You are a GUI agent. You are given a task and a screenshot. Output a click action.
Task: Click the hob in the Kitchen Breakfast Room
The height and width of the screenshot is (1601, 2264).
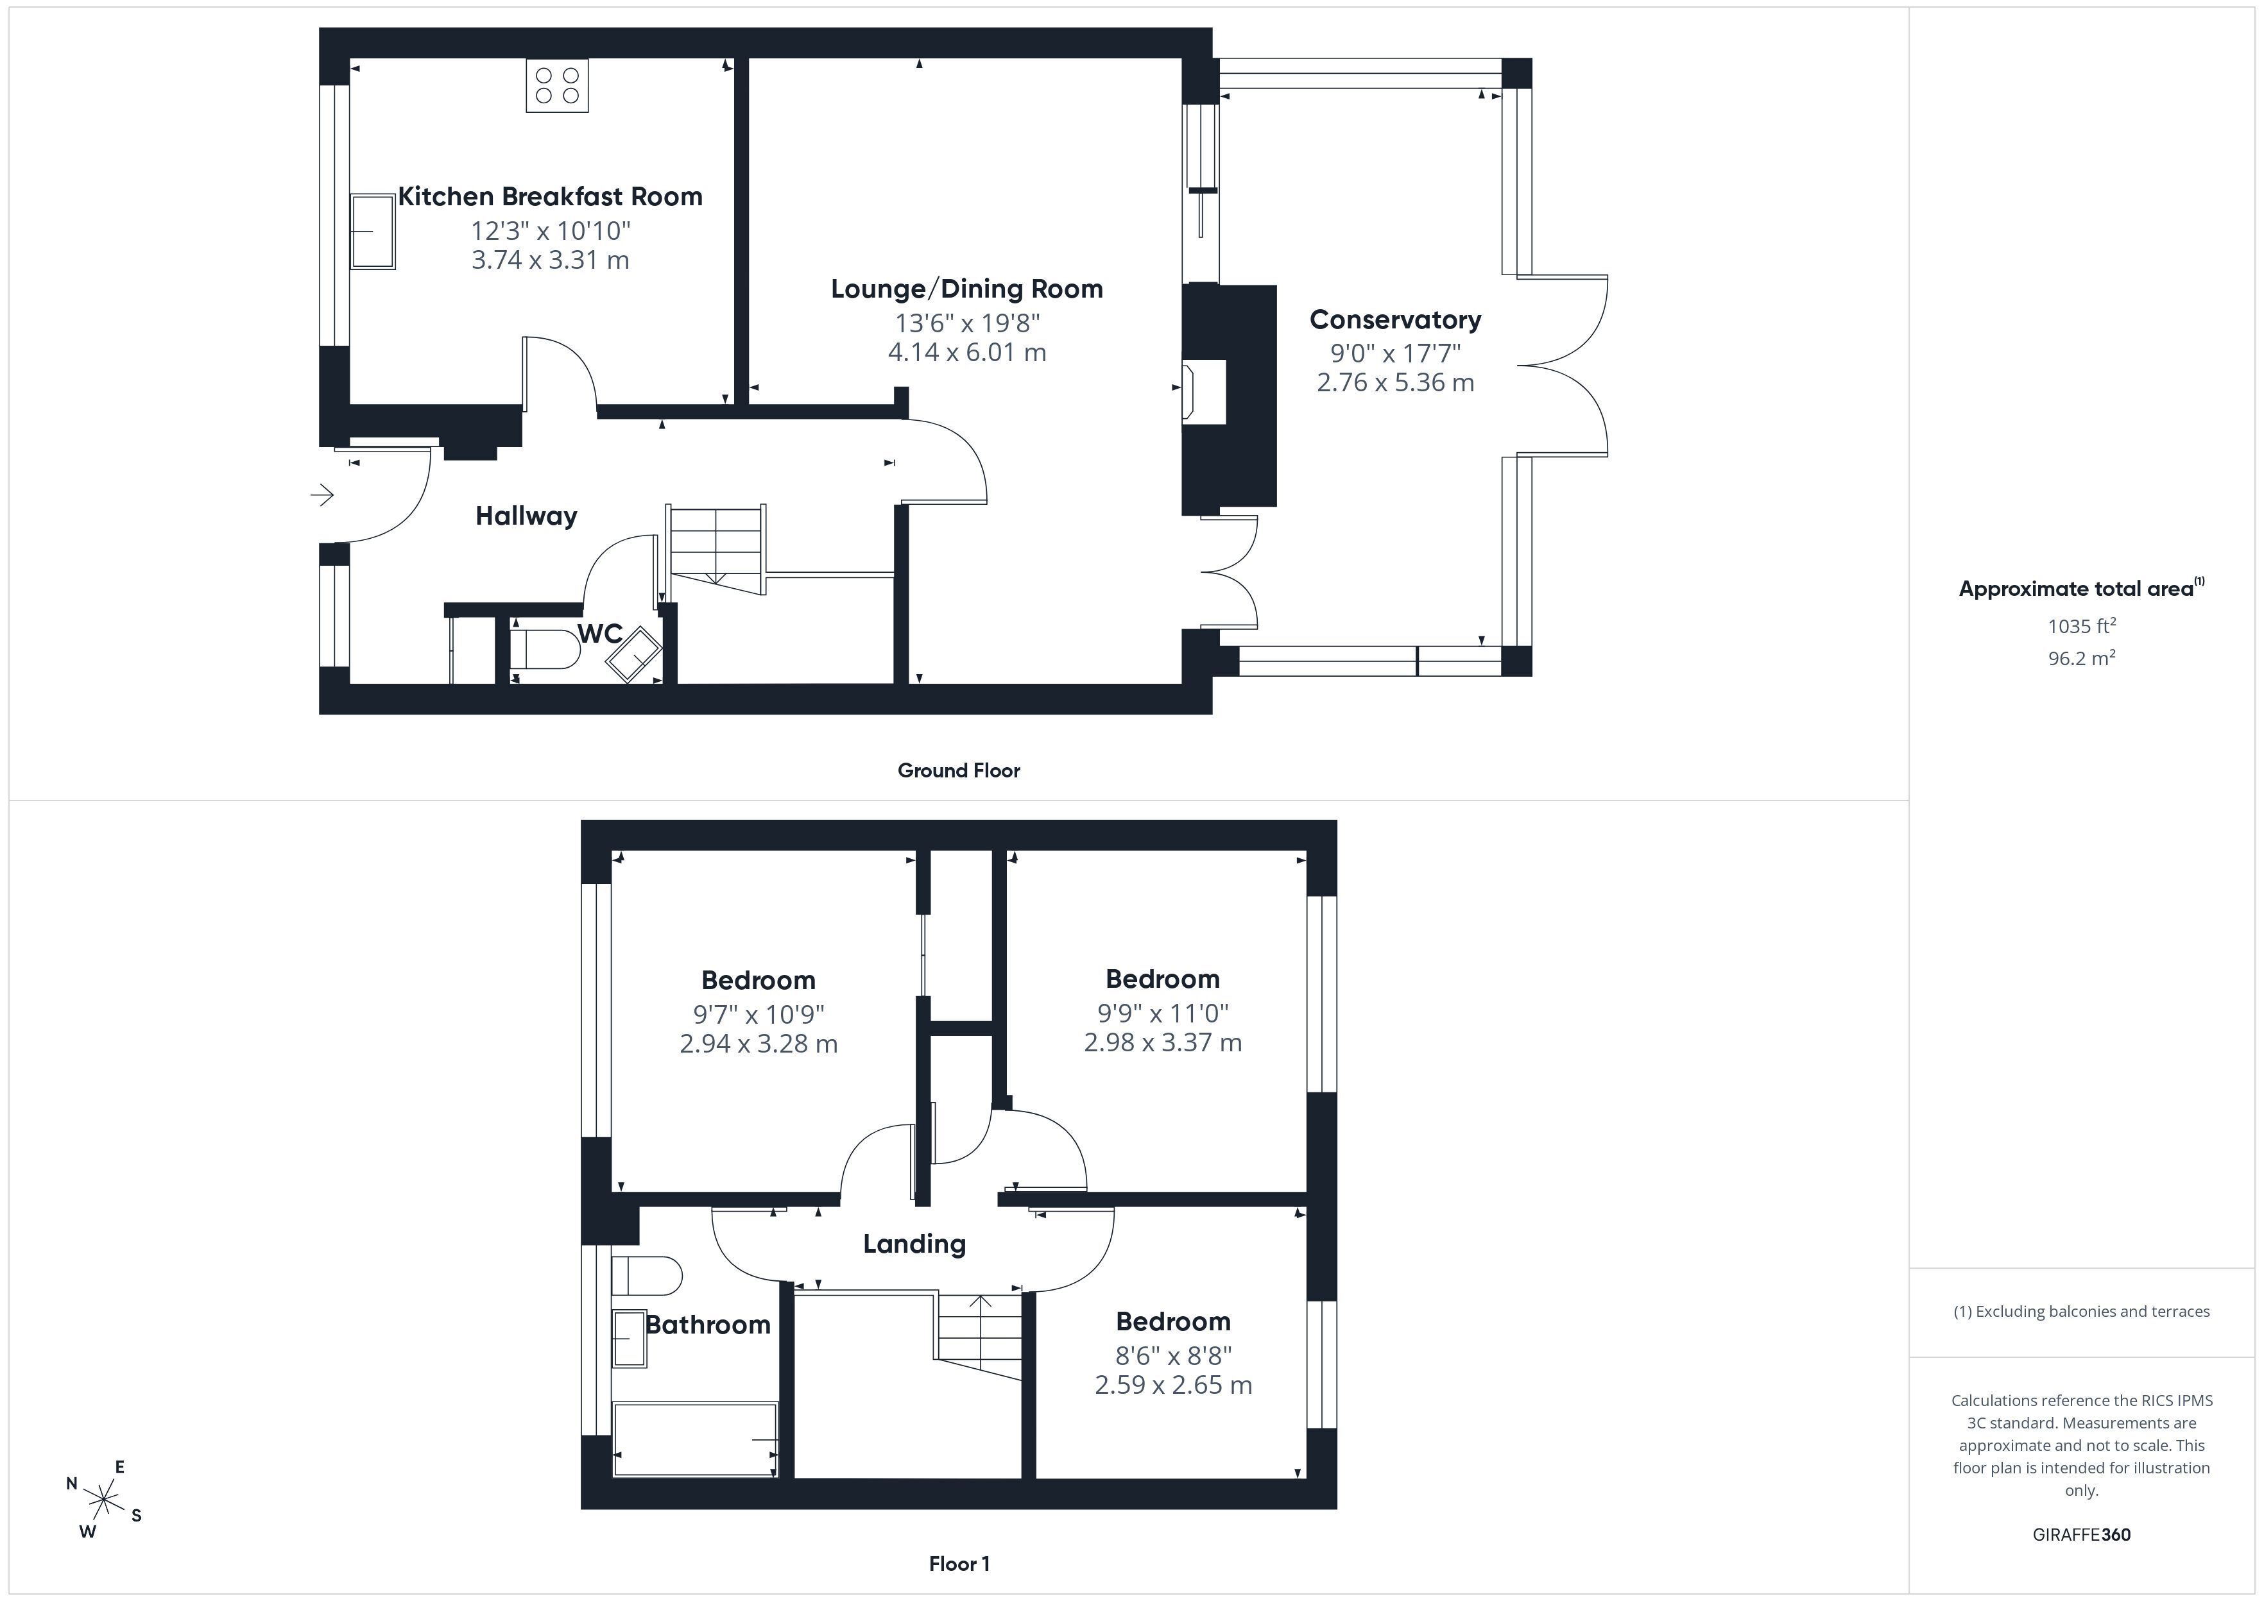(557, 86)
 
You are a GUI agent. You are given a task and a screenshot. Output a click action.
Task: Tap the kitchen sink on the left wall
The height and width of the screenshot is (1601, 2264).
(373, 231)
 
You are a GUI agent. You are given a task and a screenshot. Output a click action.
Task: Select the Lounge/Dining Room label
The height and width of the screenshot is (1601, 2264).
(966, 289)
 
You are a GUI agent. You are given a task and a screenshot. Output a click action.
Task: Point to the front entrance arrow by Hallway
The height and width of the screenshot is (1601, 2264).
(322, 495)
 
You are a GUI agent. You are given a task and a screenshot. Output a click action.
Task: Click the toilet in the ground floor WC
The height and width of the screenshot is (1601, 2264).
(545, 650)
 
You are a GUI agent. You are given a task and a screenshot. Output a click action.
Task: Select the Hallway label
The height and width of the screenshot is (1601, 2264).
(527, 516)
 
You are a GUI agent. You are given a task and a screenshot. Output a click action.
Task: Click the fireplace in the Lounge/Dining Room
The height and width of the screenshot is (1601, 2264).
(1203, 393)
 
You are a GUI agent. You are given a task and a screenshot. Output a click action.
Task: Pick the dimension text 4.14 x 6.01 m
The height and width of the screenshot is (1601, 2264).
(967, 352)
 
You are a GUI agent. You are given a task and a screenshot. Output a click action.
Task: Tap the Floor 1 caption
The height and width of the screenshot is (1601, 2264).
(959, 1564)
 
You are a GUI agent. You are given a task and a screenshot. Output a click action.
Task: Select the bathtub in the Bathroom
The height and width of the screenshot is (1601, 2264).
(695, 1439)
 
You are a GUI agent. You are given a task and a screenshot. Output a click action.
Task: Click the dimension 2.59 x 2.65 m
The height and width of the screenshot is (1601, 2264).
(1174, 1385)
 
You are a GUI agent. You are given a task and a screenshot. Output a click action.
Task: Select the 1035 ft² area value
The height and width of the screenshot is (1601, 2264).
(2082, 626)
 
